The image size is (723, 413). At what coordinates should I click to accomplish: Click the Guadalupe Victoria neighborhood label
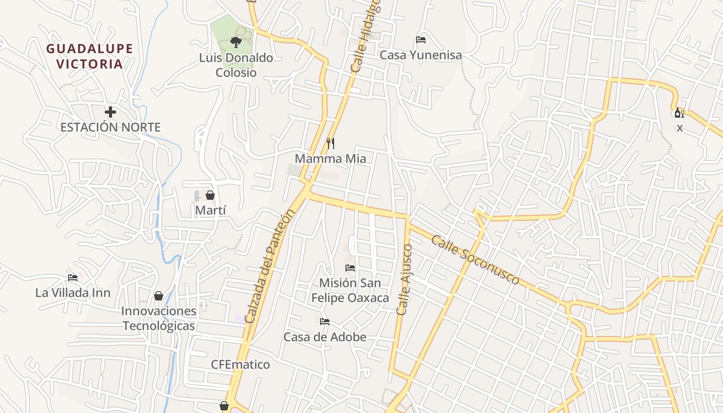tap(90, 56)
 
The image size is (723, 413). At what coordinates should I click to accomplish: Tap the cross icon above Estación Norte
tap(110, 112)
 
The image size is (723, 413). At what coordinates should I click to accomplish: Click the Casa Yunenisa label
tap(420, 55)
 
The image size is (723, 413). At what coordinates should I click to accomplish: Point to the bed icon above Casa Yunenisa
tap(421, 40)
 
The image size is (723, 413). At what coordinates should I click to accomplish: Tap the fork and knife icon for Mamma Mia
tap(331, 143)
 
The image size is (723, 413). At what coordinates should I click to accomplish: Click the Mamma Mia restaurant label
tap(331, 158)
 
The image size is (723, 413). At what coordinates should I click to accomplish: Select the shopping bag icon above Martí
tap(210, 195)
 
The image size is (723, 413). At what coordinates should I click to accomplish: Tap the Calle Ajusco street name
tap(404, 279)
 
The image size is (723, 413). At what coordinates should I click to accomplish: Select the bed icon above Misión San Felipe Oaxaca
tap(350, 267)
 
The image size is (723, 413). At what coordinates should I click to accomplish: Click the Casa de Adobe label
tap(325, 337)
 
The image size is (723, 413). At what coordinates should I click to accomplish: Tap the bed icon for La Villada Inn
tap(73, 277)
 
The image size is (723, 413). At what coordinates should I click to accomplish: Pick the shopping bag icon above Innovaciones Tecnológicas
tap(159, 296)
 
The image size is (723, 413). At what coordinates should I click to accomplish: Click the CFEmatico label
tap(240, 364)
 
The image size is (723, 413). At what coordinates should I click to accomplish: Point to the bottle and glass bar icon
tap(679, 113)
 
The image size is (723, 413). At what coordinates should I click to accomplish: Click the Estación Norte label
tap(111, 127)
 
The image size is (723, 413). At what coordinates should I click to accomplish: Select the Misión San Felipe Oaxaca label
tap(350, 291)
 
